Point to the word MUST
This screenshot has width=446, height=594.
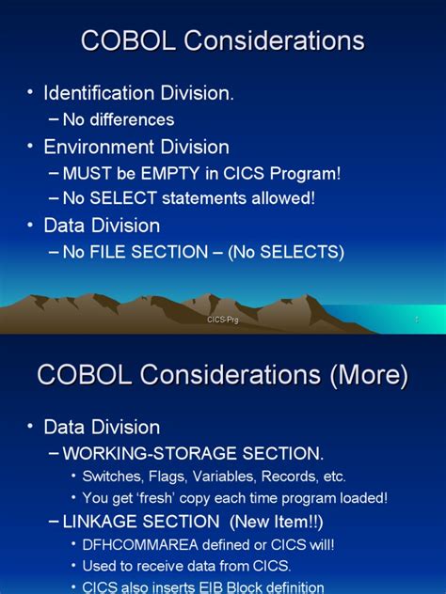click(x=85, y=173)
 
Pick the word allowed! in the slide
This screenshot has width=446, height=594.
click(x=281, y=198)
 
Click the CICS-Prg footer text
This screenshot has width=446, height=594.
click(x=223, y=320)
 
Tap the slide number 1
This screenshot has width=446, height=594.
click(x=416, y=320)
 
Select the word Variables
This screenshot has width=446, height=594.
click(x=239, y=477)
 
